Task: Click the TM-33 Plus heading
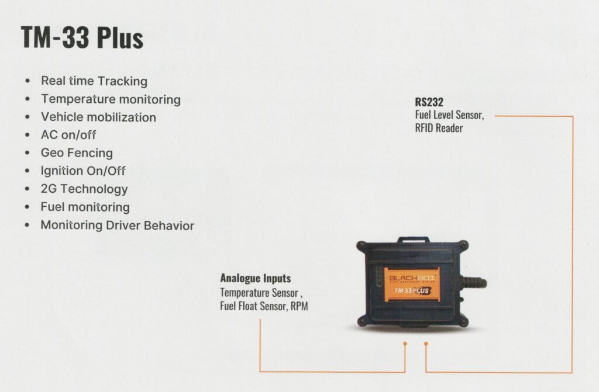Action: [x=82, y=38]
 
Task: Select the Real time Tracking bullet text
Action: [x=94, y=81]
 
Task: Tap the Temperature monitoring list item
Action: [x=111, y=99]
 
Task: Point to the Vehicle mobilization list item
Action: [x=98, y=117]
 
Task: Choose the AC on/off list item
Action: [x=68, y=135]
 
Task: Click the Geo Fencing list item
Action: [x=77, y=152]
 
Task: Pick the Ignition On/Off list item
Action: [x=83, y=171]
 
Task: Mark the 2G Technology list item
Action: [x=84, y=189]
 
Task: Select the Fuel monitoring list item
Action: [x=85, y=207]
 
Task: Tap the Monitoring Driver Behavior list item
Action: [x=117, y=225]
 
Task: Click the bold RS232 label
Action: [x=429, y=102]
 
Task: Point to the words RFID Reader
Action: [x=439, y=128]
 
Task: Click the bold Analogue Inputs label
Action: [x=255, y=278]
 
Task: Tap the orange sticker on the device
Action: [x=412, y=285]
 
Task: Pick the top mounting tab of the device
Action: [x=414, y=240]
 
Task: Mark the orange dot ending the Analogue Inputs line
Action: [x=405, y=344]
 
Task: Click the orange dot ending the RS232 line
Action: [x=426, y=344]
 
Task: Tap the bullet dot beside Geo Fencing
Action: [x=27, y=152]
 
